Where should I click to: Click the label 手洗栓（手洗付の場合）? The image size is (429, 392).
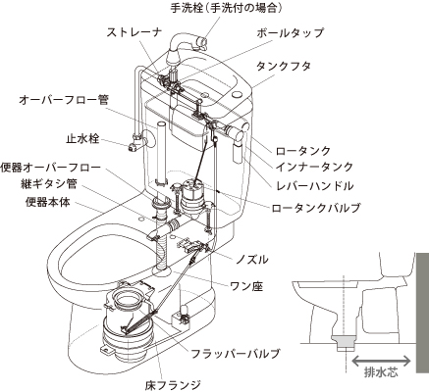pyautogui.click(x=226, y=8)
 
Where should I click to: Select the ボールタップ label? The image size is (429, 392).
pyautogui.click(x=290, y=32)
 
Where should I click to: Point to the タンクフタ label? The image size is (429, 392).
pyautogui.click(x=284, y=67)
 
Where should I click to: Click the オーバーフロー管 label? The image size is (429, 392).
pyautogui.click(x=64, y=100)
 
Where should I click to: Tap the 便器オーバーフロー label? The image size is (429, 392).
pyautogui.click(x=50, y=168)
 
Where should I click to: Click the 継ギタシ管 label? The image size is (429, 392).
pyautogui.click(x=48, y=184)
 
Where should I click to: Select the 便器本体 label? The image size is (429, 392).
pyautogui.click(x=48, y=202)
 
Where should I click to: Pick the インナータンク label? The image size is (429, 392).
pyautogui.click(x=314, y=167)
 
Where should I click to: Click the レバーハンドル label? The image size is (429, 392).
pyautogui.click(x=314, y=186)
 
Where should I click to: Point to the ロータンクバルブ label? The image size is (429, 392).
pyautogui.click(x=316, y=208)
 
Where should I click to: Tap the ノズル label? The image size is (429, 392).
pyautogui.click(x=252, y=260)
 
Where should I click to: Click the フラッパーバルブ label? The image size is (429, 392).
pyautogui.click(x=236, y=354)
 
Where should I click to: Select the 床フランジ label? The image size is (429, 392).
pyautogui.click(x=173, y=385)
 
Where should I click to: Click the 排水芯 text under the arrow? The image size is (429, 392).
pyautogui.click(x=381, y=372)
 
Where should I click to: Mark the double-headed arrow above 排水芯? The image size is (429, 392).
pyautogui.click(x=381, y=361)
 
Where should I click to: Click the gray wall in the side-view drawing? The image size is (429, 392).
pyautogui.click(x=422, y=313)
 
